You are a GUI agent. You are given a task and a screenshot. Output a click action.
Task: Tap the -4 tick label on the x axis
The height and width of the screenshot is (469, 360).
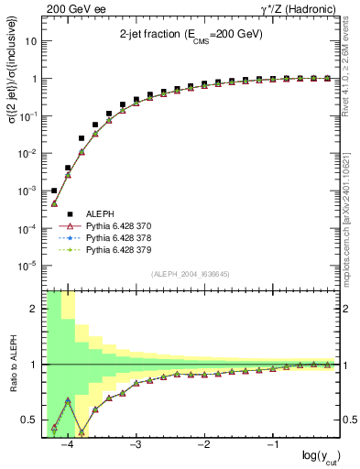(x=65, y=444)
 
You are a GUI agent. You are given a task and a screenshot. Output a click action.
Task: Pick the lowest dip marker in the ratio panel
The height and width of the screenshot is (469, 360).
(x=82, y=432)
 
